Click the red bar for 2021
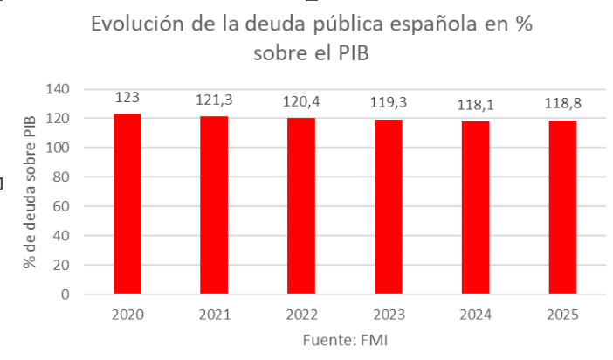(x=214, y=205)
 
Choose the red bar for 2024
(x=475, y=207)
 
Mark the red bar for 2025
(x=562, y=207)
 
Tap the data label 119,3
(x=389, y=103)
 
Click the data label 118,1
(x=475, y=105)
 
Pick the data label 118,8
(x=562, y=104)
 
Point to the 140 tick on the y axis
(x=57, y=89)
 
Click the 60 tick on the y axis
(x=60, y=206)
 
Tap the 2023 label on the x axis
(x=389, y=314)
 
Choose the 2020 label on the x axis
(x=127, y=314)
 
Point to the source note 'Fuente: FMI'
(x=344, y=339)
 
